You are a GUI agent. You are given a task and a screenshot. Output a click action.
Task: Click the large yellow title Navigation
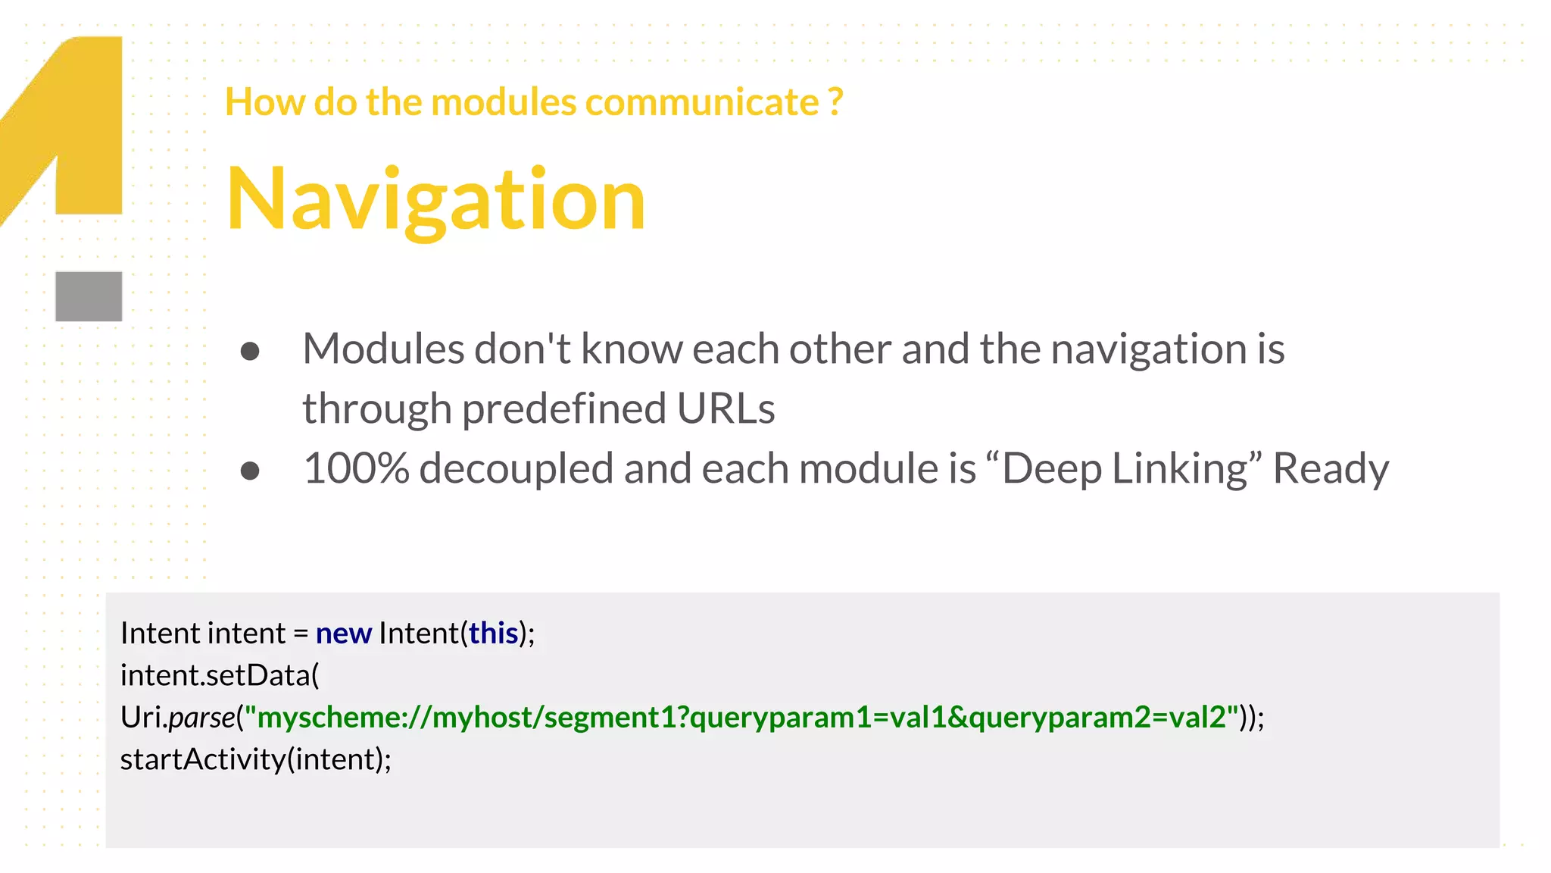(435, 199)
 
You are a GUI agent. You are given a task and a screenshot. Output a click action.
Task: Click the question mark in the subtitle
(835, 102)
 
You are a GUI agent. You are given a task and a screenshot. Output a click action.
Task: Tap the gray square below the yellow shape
(89, 296)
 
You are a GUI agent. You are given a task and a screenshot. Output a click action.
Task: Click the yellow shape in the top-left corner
(83, 121)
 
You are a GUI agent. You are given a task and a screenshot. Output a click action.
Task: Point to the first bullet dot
(250, 352)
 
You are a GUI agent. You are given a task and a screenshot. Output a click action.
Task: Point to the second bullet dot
(250, 471)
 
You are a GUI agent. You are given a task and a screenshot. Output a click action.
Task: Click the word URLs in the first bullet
(726, 409)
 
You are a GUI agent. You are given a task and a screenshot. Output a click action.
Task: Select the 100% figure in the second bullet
(356, 468)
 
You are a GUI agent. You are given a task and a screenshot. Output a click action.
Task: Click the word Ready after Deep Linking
(1331, 468)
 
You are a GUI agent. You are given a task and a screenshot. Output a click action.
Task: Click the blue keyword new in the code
(343, 634)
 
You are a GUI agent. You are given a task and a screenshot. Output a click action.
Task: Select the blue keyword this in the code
(493, 634)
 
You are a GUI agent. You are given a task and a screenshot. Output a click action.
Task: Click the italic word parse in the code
(202, 718)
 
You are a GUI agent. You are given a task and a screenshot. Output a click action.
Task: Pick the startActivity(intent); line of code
(256, 759)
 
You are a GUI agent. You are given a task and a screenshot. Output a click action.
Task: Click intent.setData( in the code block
(220, 675)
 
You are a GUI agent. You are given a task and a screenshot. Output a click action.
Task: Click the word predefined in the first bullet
(563, 409)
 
